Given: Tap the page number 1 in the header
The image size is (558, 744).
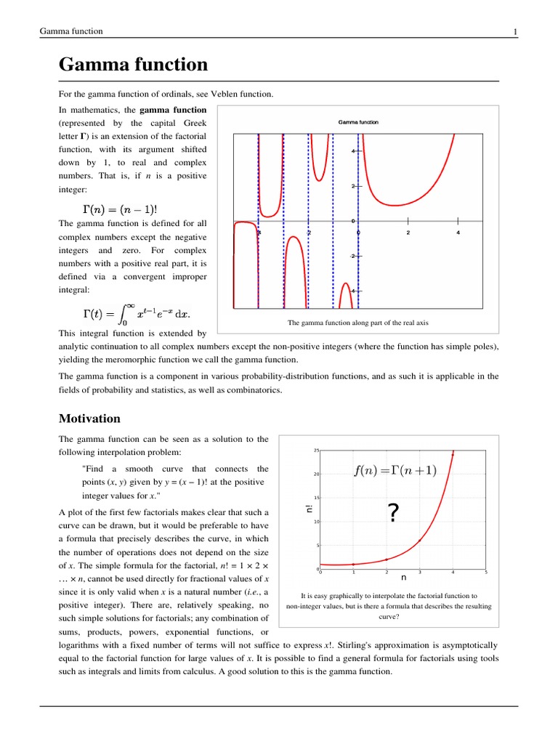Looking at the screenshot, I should coord(515,31).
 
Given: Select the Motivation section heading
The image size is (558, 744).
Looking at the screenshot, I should coord(89,418).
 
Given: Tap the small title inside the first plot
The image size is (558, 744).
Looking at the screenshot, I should coord(358,122).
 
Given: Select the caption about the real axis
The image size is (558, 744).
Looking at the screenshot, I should coord(358,323).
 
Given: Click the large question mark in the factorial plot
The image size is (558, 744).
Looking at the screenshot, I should coord(393,514).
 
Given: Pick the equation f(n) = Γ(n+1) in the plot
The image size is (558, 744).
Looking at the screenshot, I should coord(396,470).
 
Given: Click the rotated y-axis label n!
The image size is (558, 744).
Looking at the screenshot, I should coord(308,511).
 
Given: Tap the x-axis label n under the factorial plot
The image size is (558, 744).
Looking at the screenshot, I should coord(403,578).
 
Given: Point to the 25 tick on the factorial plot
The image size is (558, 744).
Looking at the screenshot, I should coord(316,451).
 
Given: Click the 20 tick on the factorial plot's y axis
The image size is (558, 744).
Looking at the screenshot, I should coord(316,474).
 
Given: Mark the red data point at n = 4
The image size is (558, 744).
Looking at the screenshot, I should coord(453,455).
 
